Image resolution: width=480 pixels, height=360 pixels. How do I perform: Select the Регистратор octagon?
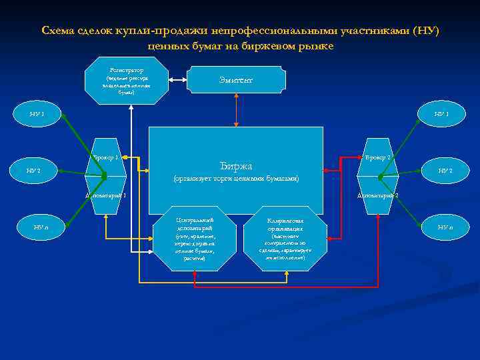[127, 80]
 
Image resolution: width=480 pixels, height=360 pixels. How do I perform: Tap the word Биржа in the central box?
[235, 165]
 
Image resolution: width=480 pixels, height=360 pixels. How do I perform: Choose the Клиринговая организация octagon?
[285, 238]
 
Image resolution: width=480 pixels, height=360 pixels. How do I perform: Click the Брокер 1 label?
[106, 157]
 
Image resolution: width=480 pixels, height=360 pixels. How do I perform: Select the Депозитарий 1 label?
[105, 195]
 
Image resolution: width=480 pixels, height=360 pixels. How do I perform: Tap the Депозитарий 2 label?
[377, 195]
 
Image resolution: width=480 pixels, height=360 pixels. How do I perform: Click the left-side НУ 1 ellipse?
[37, 113]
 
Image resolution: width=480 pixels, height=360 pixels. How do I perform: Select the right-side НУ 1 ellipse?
[441, 113]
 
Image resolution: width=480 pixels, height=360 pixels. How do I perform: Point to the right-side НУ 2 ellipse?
[444, 171]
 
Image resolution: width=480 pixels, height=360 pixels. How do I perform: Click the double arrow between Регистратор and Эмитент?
[177, 80]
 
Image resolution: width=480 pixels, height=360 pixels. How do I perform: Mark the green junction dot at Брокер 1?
[104, 177]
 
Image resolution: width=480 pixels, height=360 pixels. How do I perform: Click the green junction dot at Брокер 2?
[379, 177]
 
